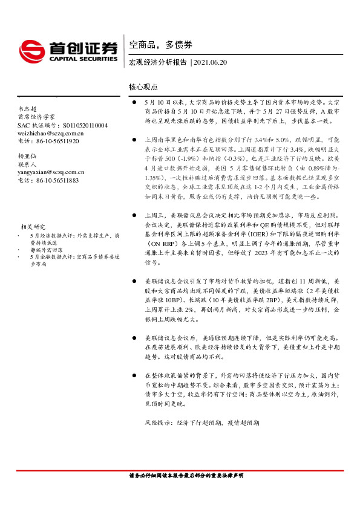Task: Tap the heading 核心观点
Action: click(x=143, y=88)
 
